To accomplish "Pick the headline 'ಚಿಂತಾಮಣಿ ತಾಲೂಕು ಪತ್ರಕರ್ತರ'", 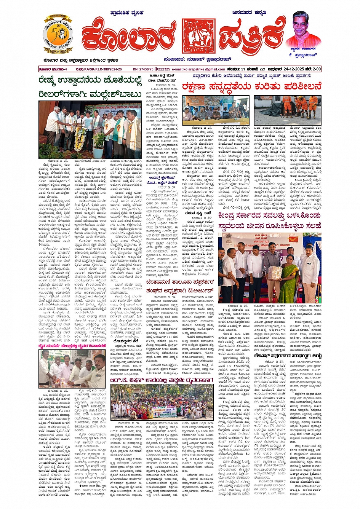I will pyautogui.click(x=179, y=282).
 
